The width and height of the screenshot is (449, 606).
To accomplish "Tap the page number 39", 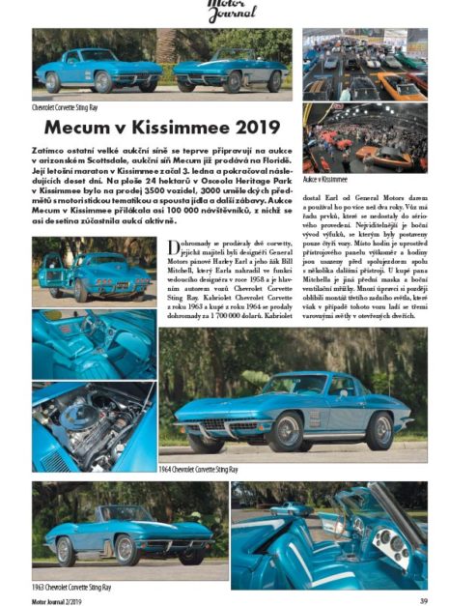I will pos(422,597).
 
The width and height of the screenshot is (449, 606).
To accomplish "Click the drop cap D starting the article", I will pos(174,249).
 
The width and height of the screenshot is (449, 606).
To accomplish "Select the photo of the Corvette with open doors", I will pos(93,269).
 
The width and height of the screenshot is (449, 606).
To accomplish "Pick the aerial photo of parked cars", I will pos(364,64).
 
